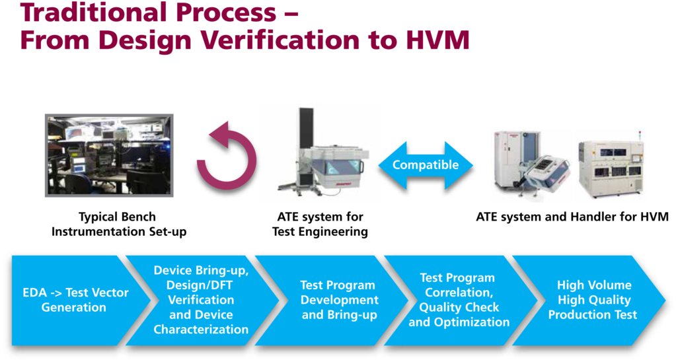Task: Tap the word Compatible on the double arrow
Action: [x=426, y=165]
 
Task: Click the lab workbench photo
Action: [x=108, y=155]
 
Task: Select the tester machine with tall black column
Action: [x=320, y=153]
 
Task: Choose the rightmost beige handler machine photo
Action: [x=611, y=165]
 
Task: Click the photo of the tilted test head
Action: [x=531, y=165]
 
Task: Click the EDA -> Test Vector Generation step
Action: [x=75, y=299]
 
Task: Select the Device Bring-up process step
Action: [x=201, y=299]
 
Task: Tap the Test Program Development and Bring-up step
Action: [x=338, y=299]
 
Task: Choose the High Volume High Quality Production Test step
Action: [x=593, y=299]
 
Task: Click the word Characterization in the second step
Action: [x=201, y=329]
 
